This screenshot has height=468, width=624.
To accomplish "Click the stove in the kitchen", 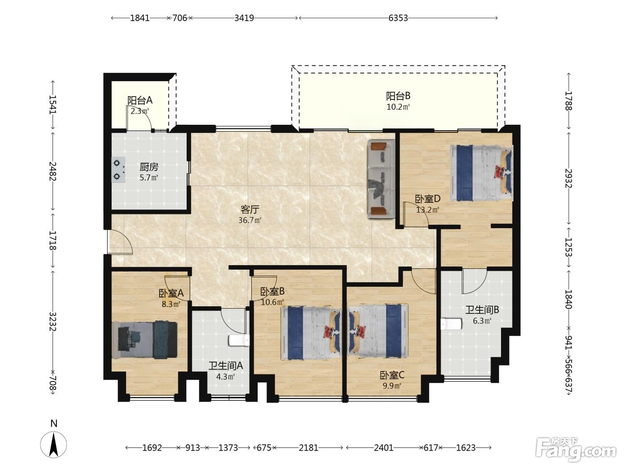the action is pos(118,169).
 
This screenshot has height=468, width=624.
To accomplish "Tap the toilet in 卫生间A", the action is pos(239,341).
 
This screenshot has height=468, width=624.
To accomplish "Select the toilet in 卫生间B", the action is pos(451,324).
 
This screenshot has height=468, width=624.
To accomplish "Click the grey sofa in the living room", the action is pos(381,179).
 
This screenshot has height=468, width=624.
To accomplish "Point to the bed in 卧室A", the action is pos(145,340).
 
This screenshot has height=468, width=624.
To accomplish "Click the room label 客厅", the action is pos(250,209).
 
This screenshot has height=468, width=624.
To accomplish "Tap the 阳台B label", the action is pos(398,96).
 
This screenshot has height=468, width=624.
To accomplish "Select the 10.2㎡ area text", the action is pos(398,107).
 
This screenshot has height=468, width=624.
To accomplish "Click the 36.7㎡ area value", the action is pos(250,220).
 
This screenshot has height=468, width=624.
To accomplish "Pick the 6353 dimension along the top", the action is pos(398,18).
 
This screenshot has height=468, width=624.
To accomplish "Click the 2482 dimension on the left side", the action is pos(53,171).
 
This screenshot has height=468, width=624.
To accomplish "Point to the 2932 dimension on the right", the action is pos(568,178).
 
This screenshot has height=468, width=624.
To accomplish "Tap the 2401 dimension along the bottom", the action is pos(383,448).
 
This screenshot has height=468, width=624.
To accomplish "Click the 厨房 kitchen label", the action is pos(149,167).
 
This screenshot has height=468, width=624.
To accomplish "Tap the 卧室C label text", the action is pos(392,375).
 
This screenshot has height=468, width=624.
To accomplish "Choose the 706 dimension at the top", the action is pos(180,18).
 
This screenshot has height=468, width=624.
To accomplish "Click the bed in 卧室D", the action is pos(481,173).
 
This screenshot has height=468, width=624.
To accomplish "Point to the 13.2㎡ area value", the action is pos(427,210).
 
